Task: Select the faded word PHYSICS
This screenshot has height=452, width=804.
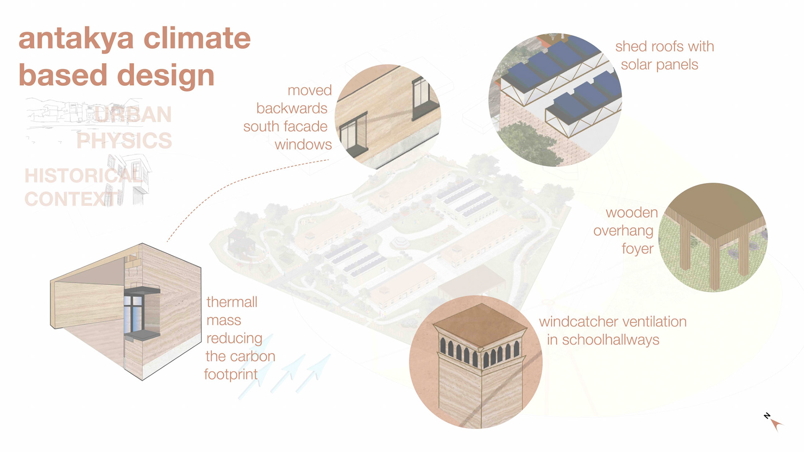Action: tap(124, 141)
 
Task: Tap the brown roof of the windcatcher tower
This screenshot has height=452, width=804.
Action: tap(480, 322)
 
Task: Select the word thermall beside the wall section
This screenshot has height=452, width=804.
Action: tap(232, 302)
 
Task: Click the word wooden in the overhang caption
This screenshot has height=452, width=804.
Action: tap(631, 213)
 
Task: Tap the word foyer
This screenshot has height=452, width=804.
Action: tap(637, 249)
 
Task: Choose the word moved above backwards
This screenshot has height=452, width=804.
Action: tap(309, 90)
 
